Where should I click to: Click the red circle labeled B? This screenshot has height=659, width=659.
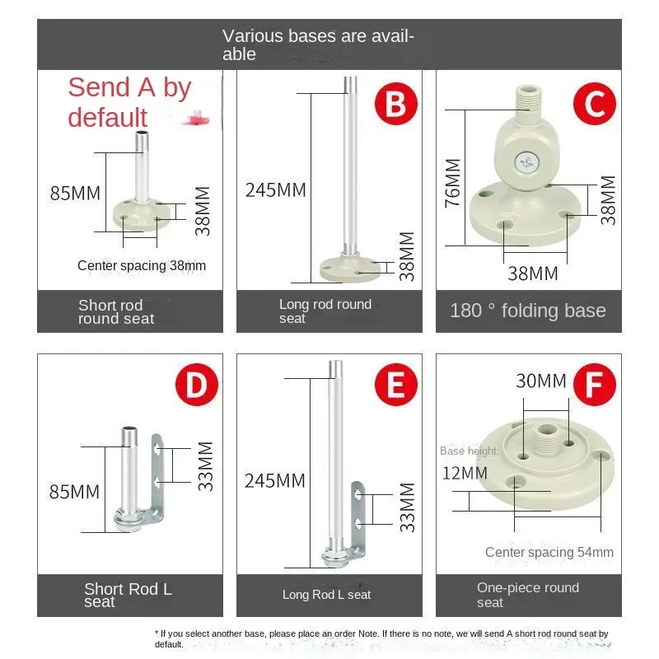tap(396, 105)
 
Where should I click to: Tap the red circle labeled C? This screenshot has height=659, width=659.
tap(595, 105)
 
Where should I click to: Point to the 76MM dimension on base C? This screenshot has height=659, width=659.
tap(452, 184)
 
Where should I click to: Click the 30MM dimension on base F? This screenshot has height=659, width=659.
tap(541, 381)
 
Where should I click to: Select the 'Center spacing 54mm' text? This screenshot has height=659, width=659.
tap(549, 552)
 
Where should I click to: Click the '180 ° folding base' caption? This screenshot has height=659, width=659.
tap(528, 311)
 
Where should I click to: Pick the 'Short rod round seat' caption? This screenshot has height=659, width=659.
tap(116, 311)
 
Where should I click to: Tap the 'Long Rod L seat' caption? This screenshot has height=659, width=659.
tap(327, 594)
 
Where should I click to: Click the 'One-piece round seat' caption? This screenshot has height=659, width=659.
tap(528, 594)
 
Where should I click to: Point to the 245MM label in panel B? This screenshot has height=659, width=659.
tap(275, 190)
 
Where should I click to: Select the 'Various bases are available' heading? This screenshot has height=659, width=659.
tap(318, 44)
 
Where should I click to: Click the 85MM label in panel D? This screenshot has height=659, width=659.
tap(75, 492)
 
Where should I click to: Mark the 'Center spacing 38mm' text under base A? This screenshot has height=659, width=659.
tap(142, 265)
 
